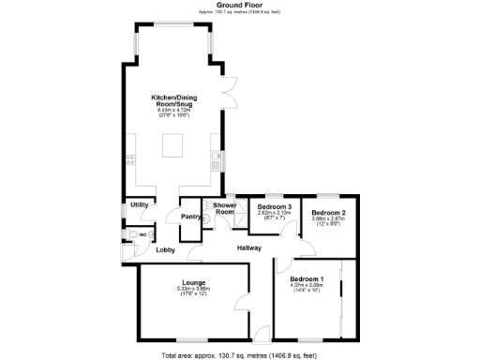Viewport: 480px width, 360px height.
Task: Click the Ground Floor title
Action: pos(239,5)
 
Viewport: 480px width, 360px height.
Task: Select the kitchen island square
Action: pos(172,145)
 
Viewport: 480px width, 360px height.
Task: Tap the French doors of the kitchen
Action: pos(228,93)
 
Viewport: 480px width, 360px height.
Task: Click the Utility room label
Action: pos(140,203)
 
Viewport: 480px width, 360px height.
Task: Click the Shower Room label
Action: pos(223,208)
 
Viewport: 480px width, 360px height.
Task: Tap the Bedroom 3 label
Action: pos(275,206)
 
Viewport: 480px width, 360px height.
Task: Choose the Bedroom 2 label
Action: pos(329,213)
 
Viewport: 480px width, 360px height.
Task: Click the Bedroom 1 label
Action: pos(307,279)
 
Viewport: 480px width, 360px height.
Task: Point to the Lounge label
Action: pos(194,281)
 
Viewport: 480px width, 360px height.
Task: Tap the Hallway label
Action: pos(248,247)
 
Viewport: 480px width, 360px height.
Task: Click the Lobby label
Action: pos(166,250)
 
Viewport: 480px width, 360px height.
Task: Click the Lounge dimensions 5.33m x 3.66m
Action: pos(194,289)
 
